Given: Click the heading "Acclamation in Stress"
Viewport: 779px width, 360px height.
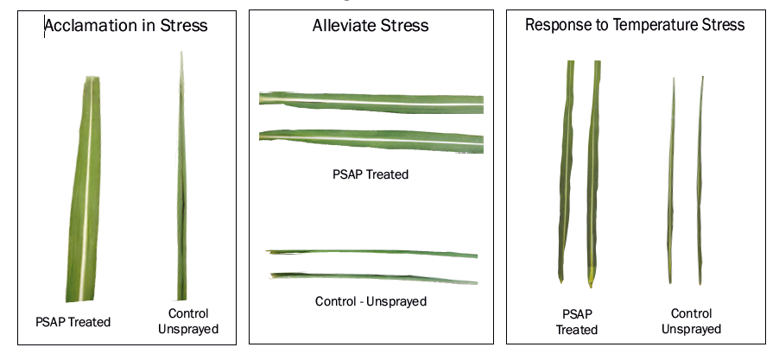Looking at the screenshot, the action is coord(126,25).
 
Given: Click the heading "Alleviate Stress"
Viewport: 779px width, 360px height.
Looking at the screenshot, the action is coord(370,25).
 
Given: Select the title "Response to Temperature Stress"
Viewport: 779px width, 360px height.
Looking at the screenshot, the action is coord(635,24).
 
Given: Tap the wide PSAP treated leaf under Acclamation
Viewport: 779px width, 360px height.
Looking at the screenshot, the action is coord(85,189).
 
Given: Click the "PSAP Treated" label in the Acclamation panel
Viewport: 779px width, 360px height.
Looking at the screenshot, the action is coord(73,322).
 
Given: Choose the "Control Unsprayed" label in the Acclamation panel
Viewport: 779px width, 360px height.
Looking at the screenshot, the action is coord(188,321).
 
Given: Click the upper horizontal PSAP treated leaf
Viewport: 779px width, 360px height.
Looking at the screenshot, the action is coord(371,102).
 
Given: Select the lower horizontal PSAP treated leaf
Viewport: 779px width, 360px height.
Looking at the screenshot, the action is coord(371,141).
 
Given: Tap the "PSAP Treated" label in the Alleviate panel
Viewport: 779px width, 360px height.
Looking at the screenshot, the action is coord(370,174).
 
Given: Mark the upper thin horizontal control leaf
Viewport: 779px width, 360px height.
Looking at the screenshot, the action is coord(371,253).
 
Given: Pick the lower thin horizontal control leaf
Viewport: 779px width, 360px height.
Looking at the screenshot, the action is coord(374,278).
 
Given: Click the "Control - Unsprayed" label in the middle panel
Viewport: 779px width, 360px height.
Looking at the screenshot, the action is coord(370,301).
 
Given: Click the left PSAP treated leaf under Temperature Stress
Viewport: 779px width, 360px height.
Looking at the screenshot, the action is coord(566,171).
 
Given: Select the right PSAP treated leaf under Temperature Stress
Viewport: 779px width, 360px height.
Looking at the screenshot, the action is coord(592,174).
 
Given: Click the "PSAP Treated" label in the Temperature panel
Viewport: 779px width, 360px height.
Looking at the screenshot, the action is coord(577,322).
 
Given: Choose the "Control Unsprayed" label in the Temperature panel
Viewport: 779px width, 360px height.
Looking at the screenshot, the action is coord(691,321).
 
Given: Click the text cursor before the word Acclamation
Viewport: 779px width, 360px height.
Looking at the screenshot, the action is coord(45,26).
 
